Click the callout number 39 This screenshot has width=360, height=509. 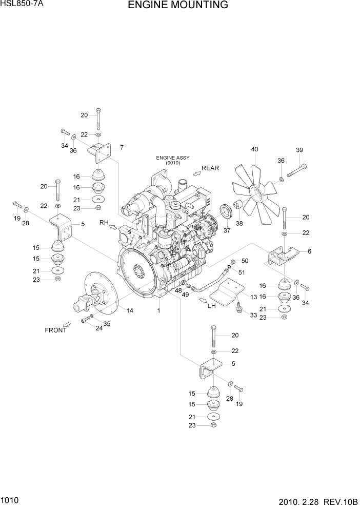(x=299, y=150)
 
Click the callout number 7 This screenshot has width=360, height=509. (x=122, y=148)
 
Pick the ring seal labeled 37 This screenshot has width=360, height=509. (x=225, y=211)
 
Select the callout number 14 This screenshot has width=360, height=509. (x=130, y=310)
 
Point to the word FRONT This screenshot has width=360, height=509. (x=55, y=330)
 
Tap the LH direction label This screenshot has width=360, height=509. (x=211, y=306)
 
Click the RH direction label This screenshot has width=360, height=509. (x=104, y=223)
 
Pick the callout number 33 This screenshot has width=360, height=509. (x=254, y=315)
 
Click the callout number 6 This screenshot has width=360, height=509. (x=310, y=251)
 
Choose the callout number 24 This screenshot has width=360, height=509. (x=99, y=328)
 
